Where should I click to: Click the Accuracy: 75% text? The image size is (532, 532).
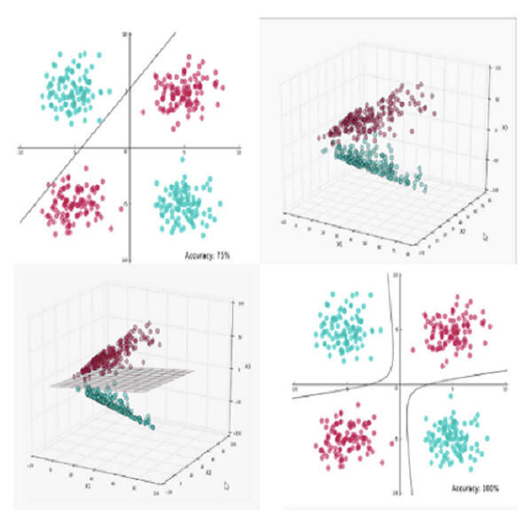click(x=207, y=254)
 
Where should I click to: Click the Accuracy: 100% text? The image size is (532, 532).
click(x=475, y=489)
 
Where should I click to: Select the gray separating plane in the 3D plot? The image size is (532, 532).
click(x=124, y=379)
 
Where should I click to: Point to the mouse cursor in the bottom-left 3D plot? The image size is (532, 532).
click(x=227, y=485)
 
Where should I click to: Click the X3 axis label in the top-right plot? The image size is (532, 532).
click(x=505, y=129)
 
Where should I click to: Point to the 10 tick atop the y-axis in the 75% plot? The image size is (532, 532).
click(x=125, y=34)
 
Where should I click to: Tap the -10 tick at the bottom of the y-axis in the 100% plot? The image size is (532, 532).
click(x=397, y=495)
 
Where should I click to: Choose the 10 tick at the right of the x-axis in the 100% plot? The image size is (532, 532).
click(x=505, y=390)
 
